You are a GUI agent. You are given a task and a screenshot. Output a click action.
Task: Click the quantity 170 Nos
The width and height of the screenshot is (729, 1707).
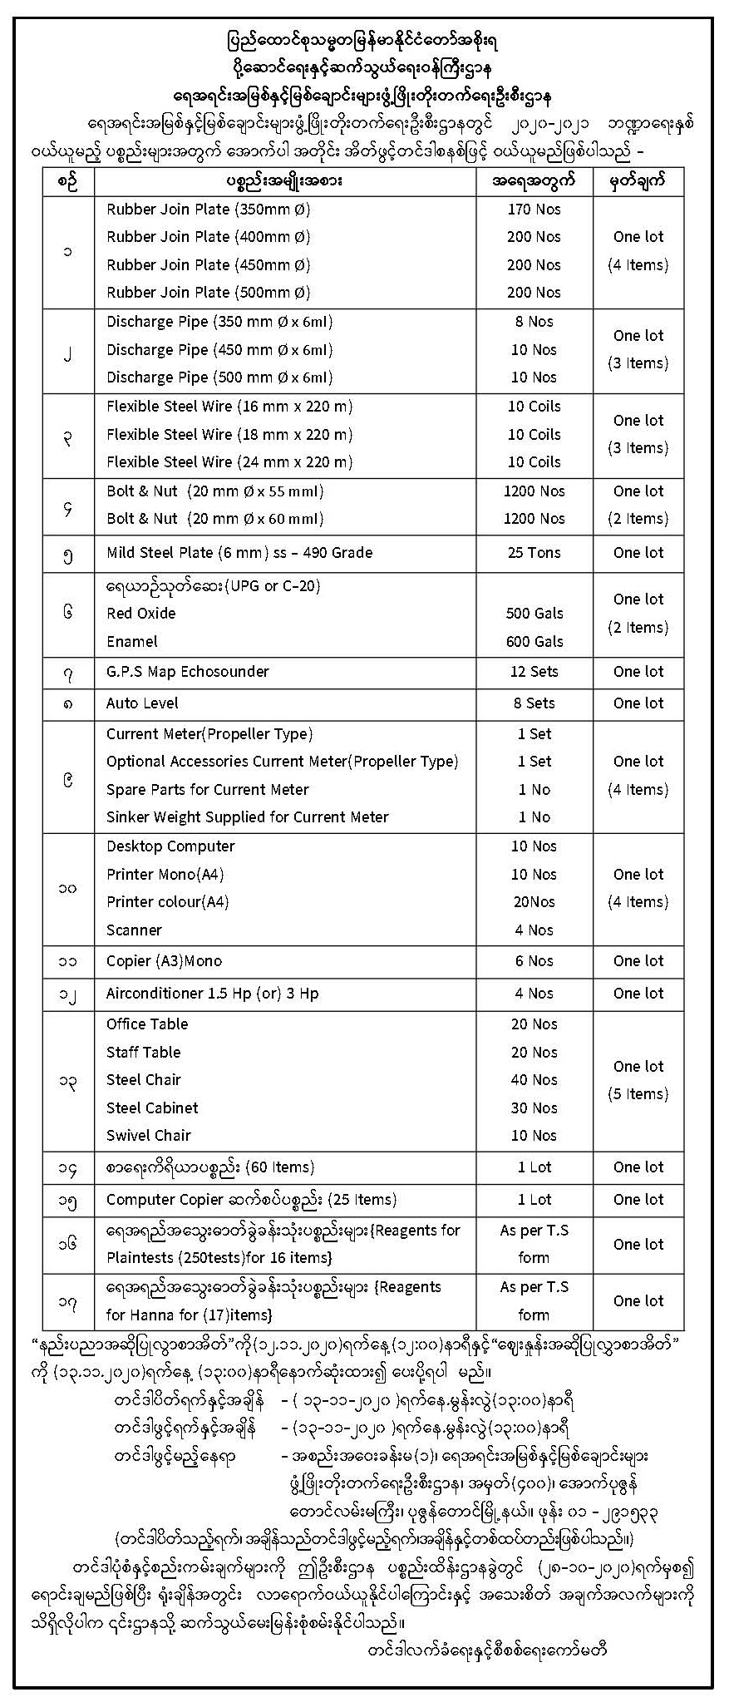534,210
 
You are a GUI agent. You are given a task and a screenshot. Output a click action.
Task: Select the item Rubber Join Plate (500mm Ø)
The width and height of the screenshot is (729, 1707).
208,293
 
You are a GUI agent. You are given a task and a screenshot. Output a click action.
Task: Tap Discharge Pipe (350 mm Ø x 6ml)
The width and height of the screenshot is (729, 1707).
219,322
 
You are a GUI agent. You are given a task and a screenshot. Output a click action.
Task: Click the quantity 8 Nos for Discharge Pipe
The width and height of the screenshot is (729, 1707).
534,322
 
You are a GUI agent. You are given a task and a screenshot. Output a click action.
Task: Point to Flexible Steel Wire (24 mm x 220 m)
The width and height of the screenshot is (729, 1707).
229,462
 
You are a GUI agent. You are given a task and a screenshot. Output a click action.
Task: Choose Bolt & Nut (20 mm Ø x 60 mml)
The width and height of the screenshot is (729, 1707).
214,519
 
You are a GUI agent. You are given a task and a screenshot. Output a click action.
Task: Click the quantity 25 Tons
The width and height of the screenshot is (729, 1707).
534,553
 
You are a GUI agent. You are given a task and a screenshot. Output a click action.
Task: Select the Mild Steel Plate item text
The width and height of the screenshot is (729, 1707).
239,553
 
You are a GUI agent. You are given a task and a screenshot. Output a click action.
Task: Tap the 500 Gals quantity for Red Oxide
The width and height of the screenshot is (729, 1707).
534,614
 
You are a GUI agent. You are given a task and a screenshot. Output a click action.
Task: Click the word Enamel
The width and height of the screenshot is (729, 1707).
131,642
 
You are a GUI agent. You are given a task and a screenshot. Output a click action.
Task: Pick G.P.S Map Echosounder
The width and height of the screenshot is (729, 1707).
188,672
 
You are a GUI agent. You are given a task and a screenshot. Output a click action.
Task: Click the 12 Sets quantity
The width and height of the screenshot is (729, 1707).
534,672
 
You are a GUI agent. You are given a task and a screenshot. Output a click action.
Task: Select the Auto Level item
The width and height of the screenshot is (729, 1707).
142,703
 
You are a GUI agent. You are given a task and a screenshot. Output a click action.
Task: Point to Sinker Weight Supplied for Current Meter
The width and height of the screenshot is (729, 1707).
247,817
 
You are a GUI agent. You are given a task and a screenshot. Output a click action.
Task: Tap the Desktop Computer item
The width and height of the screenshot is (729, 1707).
170,846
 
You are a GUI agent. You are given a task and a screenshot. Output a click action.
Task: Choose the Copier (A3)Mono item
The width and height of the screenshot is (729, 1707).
164,962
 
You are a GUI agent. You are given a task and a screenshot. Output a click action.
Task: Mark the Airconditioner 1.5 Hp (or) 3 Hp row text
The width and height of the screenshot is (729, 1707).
212,994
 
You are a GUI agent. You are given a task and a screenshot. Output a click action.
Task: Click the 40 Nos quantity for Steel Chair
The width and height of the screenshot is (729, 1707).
534,1080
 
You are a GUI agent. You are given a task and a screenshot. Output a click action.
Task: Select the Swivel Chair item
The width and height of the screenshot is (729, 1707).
148,1136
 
